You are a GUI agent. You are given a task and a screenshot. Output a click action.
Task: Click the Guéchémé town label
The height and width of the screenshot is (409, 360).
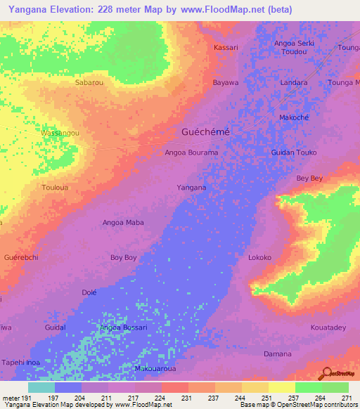tap(206, 132)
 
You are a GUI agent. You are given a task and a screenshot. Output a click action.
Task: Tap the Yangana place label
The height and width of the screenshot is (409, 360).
tap(191, 188)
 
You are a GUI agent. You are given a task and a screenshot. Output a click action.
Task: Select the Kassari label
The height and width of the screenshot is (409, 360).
tap(226, 47)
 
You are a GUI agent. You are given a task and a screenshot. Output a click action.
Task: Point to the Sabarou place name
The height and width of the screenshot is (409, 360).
tap(89, 82)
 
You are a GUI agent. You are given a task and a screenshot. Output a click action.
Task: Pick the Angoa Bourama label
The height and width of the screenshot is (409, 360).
tap(191, 152)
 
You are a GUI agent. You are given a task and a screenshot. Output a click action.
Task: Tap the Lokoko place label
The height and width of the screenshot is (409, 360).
tap(259, 258)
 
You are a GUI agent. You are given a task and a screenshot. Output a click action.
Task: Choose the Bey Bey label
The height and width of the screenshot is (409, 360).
tap(309, 178)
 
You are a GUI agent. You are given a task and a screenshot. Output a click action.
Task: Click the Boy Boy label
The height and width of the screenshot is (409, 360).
tap(124, 258)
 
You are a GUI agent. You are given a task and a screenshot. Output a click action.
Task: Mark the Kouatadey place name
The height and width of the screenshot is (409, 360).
tap(328, 328)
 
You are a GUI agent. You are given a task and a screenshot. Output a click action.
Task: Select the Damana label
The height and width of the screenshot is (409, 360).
tap(276, 353)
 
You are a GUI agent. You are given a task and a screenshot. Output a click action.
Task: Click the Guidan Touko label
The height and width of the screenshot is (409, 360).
tap(294, 152)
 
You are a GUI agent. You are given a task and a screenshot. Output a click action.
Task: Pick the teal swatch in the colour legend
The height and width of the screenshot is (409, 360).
tap(41, 387)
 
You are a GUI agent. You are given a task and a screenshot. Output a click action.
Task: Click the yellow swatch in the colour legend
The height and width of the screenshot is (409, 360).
tap(282, 387)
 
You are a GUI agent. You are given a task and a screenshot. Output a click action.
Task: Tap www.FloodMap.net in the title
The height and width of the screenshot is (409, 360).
tap(219, 10)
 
